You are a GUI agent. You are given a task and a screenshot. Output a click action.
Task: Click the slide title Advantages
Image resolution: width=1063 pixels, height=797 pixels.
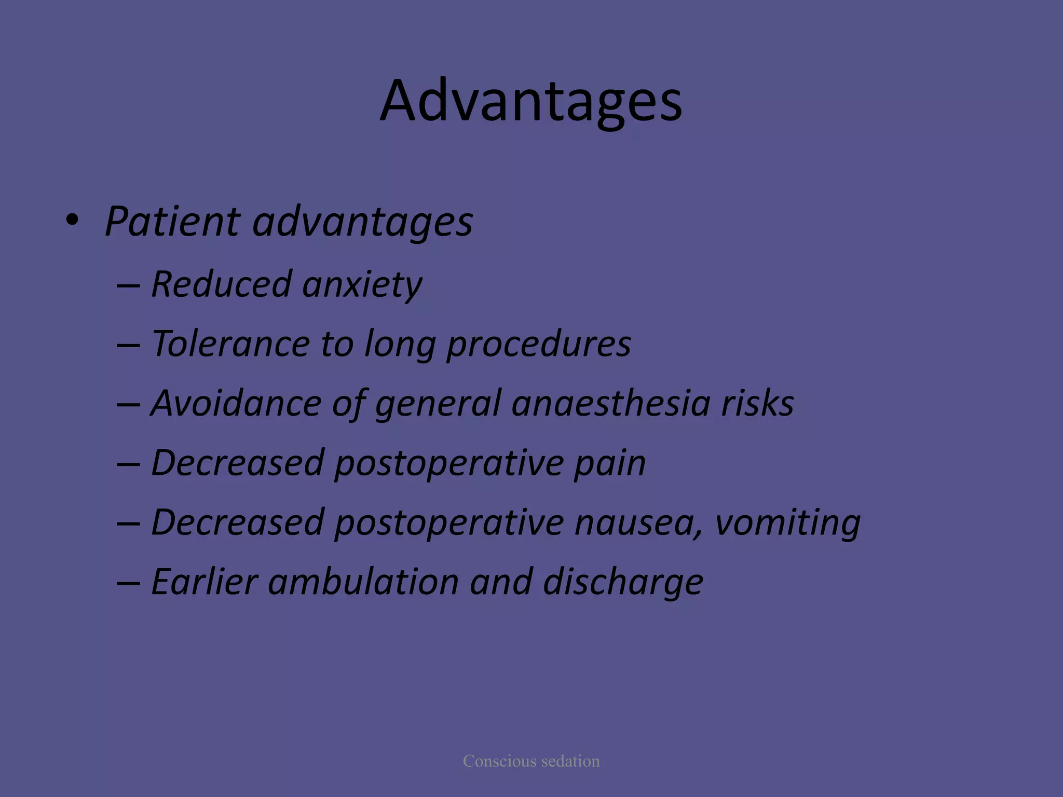click(530, 101)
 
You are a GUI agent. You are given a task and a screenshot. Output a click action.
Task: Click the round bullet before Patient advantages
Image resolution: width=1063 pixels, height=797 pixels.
click(72, 221)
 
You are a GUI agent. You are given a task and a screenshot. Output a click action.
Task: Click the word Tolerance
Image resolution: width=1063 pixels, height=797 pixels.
click(230, 344)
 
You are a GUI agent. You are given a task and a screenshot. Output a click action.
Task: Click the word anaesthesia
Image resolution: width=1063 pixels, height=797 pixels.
click(610, 403)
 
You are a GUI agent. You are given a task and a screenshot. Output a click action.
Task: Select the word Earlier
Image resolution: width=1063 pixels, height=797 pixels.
click(205, 582)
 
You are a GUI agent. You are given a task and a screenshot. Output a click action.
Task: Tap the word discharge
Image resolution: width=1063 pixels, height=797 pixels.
click(623, 583)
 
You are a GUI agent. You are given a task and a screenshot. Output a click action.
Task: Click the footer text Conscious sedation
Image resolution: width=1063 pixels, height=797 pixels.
click(531, 761)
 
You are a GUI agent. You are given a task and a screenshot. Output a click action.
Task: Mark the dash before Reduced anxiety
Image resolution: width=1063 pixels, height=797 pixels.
click(128, 286)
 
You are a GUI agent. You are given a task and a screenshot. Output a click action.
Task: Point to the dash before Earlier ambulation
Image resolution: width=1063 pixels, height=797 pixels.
click(128, 583)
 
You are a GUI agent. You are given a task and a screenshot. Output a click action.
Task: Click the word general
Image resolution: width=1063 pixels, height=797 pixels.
click(438, 404)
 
